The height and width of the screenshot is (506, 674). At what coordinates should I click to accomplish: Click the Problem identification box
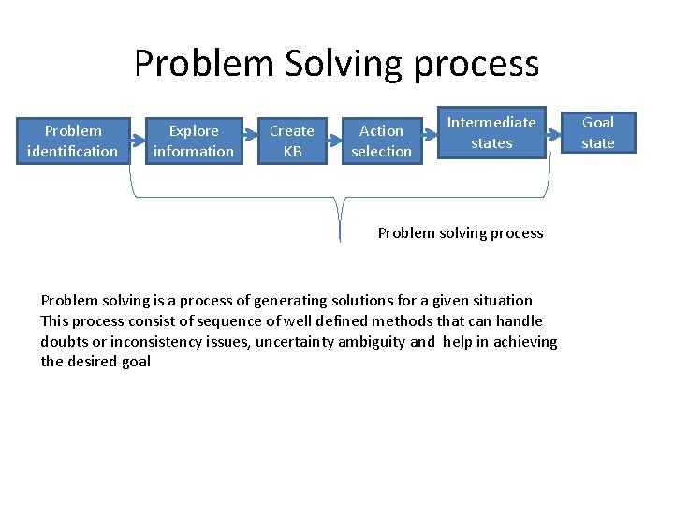[73, 141]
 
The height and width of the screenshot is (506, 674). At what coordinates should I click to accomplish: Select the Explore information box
[194, 141]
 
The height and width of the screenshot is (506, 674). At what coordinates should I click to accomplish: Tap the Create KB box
[292, 141]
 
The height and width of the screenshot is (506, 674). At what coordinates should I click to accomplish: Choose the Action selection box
[381, 141]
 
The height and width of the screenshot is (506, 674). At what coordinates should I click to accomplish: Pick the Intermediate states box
[491, 132]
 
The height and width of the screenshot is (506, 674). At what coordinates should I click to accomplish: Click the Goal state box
[598, 132]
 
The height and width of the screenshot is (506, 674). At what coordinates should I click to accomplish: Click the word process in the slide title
[476, 64]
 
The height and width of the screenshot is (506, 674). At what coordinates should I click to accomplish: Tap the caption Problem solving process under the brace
[460, 232]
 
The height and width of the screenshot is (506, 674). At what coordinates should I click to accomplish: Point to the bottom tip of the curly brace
[340, 240]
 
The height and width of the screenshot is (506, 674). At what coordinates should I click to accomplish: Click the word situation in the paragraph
[501, 301]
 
